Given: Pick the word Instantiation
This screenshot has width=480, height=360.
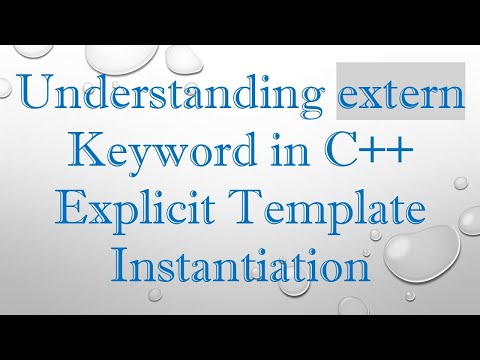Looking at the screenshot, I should [239, 266].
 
